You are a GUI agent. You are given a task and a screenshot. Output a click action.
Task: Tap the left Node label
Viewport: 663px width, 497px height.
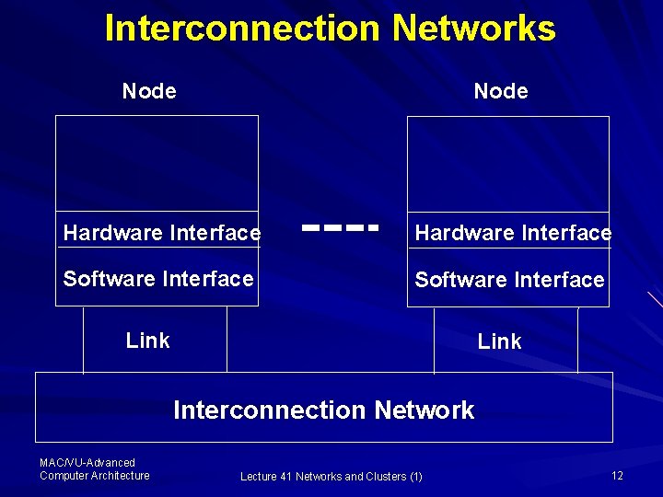(149, 91)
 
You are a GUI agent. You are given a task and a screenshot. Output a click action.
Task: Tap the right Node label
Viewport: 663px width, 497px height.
(501, 91)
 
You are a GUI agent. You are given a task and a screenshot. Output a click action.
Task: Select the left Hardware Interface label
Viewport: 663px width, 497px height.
(162, 234)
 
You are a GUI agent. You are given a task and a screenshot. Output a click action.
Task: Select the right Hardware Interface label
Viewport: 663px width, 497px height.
(513, 234)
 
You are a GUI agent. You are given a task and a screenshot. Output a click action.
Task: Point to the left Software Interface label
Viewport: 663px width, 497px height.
(158, 278)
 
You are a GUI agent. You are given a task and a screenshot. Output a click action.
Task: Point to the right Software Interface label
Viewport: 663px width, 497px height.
(509, 279)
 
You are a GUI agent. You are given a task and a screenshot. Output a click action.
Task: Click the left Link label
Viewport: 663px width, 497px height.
(148, 341)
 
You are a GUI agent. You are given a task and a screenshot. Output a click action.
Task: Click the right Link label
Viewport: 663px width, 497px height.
(499, 341)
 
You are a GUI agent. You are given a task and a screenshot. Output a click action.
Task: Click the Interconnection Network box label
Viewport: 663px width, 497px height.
(324, 410)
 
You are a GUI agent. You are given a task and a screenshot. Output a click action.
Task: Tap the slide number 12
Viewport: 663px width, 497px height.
(617, 475)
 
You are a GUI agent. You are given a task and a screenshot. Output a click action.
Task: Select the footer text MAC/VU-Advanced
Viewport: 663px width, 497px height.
(87, 462)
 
